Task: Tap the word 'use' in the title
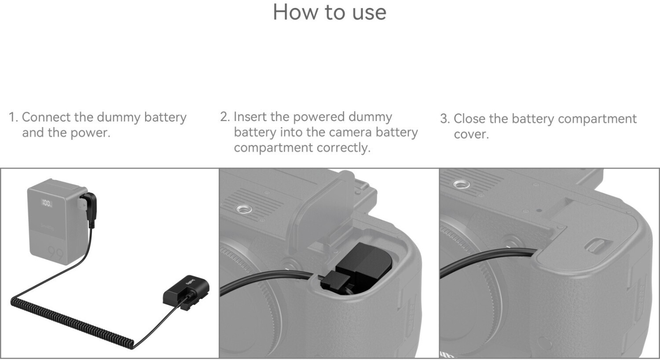click(x=370, y=14)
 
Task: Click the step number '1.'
click(x=14, y=117)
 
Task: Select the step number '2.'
click(x=225, y=117)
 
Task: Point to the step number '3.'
click(x=445, y=119)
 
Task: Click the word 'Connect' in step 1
click(x=47, y=117)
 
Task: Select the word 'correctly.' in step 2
click(x=344, y=148)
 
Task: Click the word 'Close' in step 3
click(x=470, y=119)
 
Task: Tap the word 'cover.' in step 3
click(x=471, y=134)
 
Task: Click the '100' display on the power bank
click(x=47, y=203)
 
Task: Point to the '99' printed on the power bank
click(x=55, y=253)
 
